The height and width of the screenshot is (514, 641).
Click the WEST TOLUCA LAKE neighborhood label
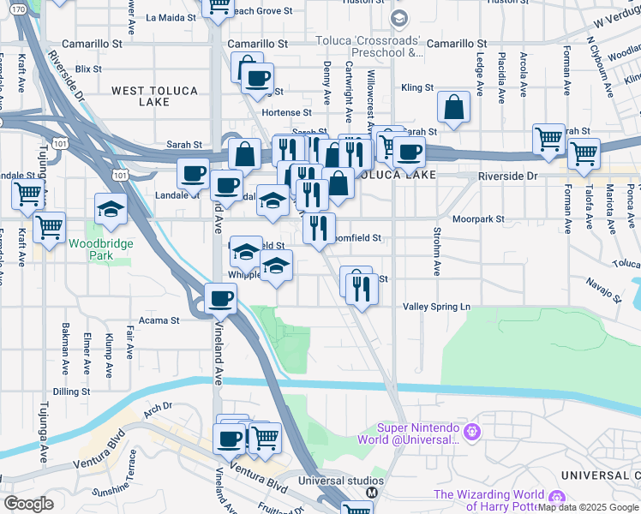tap(154, 95)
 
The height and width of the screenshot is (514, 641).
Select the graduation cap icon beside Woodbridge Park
tap(111, 209)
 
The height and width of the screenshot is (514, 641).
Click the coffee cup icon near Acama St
tap(221, 299)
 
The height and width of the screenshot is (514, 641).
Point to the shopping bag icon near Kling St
tap(454, 108)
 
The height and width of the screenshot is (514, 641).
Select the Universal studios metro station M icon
tap(372, 493)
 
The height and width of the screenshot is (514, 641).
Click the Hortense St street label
tap(286, 112)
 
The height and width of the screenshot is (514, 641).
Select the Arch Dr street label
tap(158, 408)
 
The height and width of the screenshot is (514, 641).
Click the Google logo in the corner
tap(28, 504)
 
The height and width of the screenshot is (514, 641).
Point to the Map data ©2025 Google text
tap(589, 507)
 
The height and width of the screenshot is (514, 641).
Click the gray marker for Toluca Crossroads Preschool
tap(398, 18)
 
